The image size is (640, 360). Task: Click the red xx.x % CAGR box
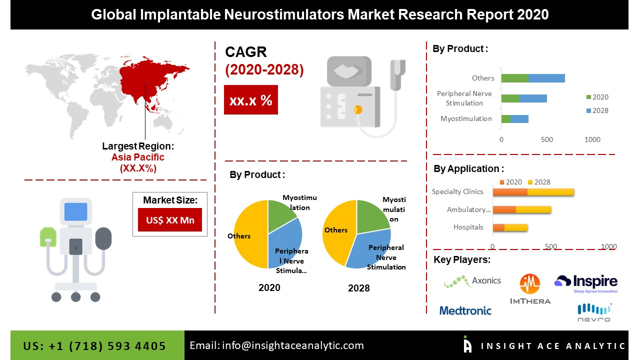coord(250,100)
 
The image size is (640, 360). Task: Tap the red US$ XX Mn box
coord(170,220)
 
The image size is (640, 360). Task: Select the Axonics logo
coord(472,281)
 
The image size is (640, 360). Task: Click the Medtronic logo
coord(465,310)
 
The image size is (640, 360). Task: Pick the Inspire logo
coord(586,283)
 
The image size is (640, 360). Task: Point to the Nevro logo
coord(593,312)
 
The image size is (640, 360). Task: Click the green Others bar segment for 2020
coord(514,78)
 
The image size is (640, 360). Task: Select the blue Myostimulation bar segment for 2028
coord(519,119)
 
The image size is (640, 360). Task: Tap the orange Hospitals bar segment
coord(498,227)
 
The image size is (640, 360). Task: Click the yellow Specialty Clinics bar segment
coord(550,191)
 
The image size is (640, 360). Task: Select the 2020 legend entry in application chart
coord(510,182)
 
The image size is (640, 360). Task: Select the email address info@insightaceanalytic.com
coord(276,345)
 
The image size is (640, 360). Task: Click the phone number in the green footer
coord(94,346)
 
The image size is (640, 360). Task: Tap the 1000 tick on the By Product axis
coord(592,139)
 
